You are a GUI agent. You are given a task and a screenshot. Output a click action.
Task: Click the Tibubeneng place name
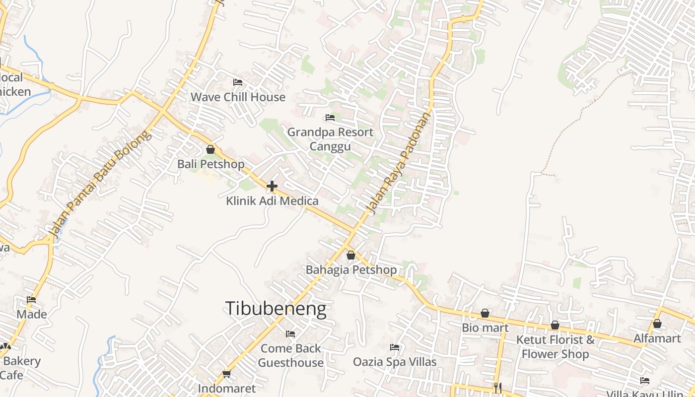[x=276, y=309]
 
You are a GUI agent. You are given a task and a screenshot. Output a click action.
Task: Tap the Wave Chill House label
[x=238, y=97]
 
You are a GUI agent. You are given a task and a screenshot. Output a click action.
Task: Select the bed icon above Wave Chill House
[x=238, y=82]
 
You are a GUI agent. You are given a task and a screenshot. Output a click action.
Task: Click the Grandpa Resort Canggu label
[x=330, y=139]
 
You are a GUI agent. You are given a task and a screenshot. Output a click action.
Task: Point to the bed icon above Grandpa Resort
[x=330, y=118]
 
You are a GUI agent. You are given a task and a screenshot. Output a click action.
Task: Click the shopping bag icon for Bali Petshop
[x=210, y=149]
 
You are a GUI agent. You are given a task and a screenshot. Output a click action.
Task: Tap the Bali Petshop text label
[x=211, y=164]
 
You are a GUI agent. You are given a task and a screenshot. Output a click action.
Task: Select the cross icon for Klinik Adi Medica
[x=272, y=186]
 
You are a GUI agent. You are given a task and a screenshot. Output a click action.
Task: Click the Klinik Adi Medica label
[x=272, y=201]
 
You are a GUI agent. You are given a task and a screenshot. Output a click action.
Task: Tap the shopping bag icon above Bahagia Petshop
[x=351, y=255]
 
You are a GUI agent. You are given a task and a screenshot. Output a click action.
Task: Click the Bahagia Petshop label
[x=351, y=270]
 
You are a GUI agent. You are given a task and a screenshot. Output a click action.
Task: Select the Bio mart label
[x=485, y=328]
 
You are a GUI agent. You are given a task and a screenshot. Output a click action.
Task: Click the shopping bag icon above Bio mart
[x=485, y=313]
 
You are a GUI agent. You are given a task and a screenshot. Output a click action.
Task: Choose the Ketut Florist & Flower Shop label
[x=555, y=347]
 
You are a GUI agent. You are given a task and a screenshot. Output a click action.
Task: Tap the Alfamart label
[x=657, y=338]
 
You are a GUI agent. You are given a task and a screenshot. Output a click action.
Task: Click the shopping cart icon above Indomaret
[x=227, y=374]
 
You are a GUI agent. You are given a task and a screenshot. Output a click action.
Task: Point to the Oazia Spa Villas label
[x=395, y=362]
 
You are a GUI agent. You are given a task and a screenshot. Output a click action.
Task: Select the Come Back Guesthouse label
[x=290, y=355]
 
